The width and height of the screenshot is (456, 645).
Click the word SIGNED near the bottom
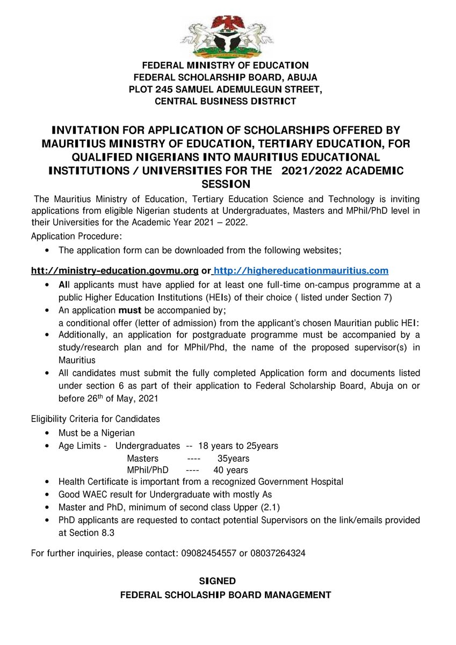218,581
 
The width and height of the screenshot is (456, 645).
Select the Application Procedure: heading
77,236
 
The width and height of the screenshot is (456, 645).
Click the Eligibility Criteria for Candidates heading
95,419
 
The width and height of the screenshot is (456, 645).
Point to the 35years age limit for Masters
233,458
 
